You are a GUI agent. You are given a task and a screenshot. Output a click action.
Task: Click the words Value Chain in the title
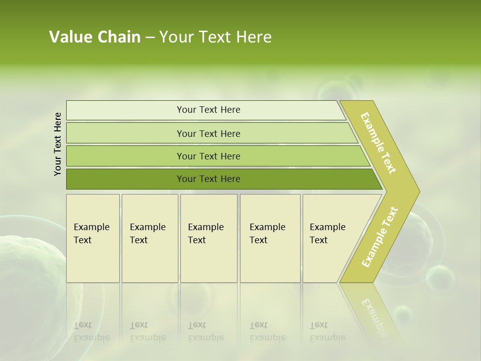95,37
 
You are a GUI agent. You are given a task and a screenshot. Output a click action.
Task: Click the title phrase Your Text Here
215,37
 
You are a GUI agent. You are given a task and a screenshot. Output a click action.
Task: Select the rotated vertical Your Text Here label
58,144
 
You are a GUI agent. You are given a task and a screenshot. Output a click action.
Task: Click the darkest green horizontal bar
125,179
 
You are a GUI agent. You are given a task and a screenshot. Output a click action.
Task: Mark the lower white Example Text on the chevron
380,237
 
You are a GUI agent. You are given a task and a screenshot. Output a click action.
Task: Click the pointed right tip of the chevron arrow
417,191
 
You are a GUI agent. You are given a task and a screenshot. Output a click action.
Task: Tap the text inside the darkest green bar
208,179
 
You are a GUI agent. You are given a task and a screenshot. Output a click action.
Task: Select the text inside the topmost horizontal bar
208,110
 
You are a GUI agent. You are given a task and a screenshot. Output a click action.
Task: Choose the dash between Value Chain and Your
150,38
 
